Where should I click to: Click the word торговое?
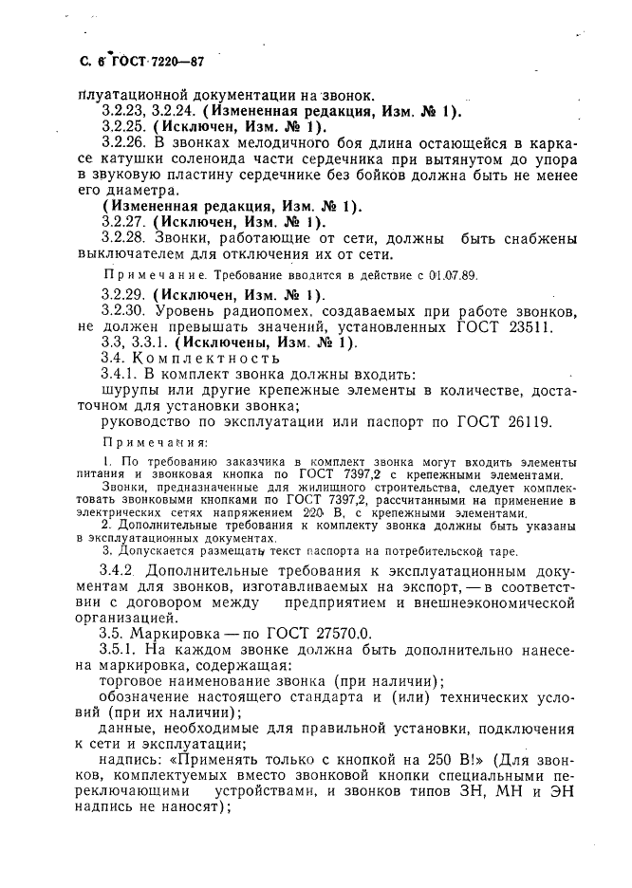coord(132,681)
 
